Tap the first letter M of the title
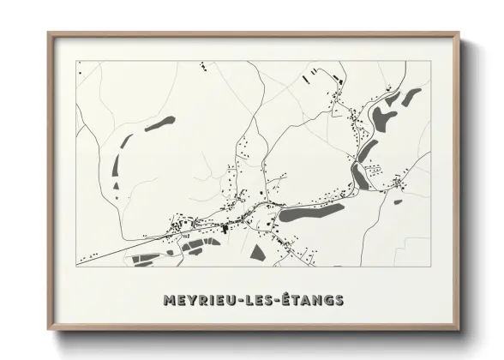(x=166, y=300)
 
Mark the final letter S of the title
(x=339, y=300)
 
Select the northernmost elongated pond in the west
(x=160, y=123)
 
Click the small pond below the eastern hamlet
(x=398, y=202)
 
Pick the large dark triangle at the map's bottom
(x=257, y=252)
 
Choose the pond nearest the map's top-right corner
(x=412, y=95)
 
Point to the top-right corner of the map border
(x=428, y=61)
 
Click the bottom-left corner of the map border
(x=77, y=267)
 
